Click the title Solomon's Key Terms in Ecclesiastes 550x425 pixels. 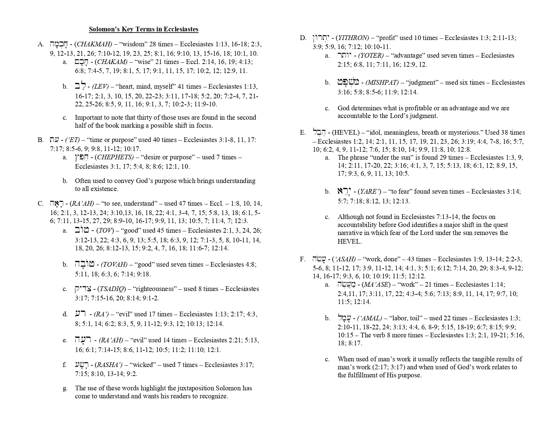point(143,29)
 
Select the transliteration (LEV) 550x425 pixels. point(100,87)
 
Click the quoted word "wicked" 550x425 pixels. point(140,365)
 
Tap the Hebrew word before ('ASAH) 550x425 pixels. point(319,259)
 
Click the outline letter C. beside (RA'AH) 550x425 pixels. point(41,204)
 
